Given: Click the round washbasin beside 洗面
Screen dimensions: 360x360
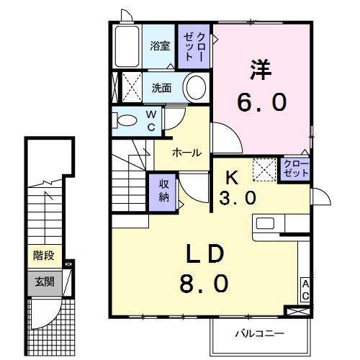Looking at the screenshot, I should coord(194,89).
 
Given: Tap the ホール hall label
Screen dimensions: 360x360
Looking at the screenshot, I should coord(186,152).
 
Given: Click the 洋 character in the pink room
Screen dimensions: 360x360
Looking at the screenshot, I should coord(260,70).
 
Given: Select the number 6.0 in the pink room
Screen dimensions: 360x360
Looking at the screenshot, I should coord(261,104).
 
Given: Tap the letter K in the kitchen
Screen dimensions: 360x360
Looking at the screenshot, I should coord(233,177).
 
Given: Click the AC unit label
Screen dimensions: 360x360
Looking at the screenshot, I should coord(305,290).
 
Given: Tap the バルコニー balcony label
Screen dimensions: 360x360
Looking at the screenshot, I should coord(259,333).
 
